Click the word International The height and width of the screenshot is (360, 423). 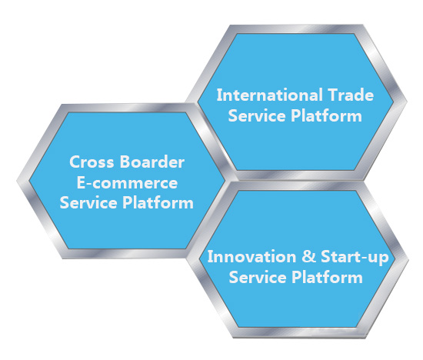(x=270, y=95)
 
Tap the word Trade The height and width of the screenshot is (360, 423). (x=351, y=95)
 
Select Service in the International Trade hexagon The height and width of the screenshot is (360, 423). (x=257, y=115)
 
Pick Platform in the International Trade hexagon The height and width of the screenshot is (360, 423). (x=326, y=115)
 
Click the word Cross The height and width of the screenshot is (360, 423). (x=92, y=162)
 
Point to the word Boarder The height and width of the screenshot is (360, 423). (x=152, y=162)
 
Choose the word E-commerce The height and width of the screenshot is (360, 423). (x=127, y=182)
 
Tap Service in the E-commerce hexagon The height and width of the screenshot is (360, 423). (x=88, y=202)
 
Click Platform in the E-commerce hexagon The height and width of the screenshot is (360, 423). (x=158, y=202)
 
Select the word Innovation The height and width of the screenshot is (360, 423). (x=251, y=256)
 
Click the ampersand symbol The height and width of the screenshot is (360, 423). (x=308, y=256)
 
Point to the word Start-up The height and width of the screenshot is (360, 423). (x=355, y=258)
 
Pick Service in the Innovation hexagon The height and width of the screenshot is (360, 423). (x=258, y=277)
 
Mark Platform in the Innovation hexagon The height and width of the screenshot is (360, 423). (x=327, y=277)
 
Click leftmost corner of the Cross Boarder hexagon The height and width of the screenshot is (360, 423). (x=17, y=180)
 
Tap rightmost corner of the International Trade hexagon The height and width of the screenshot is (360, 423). (x=407, y=102)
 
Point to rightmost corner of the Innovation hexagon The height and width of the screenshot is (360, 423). (x=408, y=259)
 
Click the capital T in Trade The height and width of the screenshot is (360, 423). (x=334, y=95)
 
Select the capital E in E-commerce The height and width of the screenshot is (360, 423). (x=82, y=182)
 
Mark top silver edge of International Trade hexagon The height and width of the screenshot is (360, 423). (x=296, y=29)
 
